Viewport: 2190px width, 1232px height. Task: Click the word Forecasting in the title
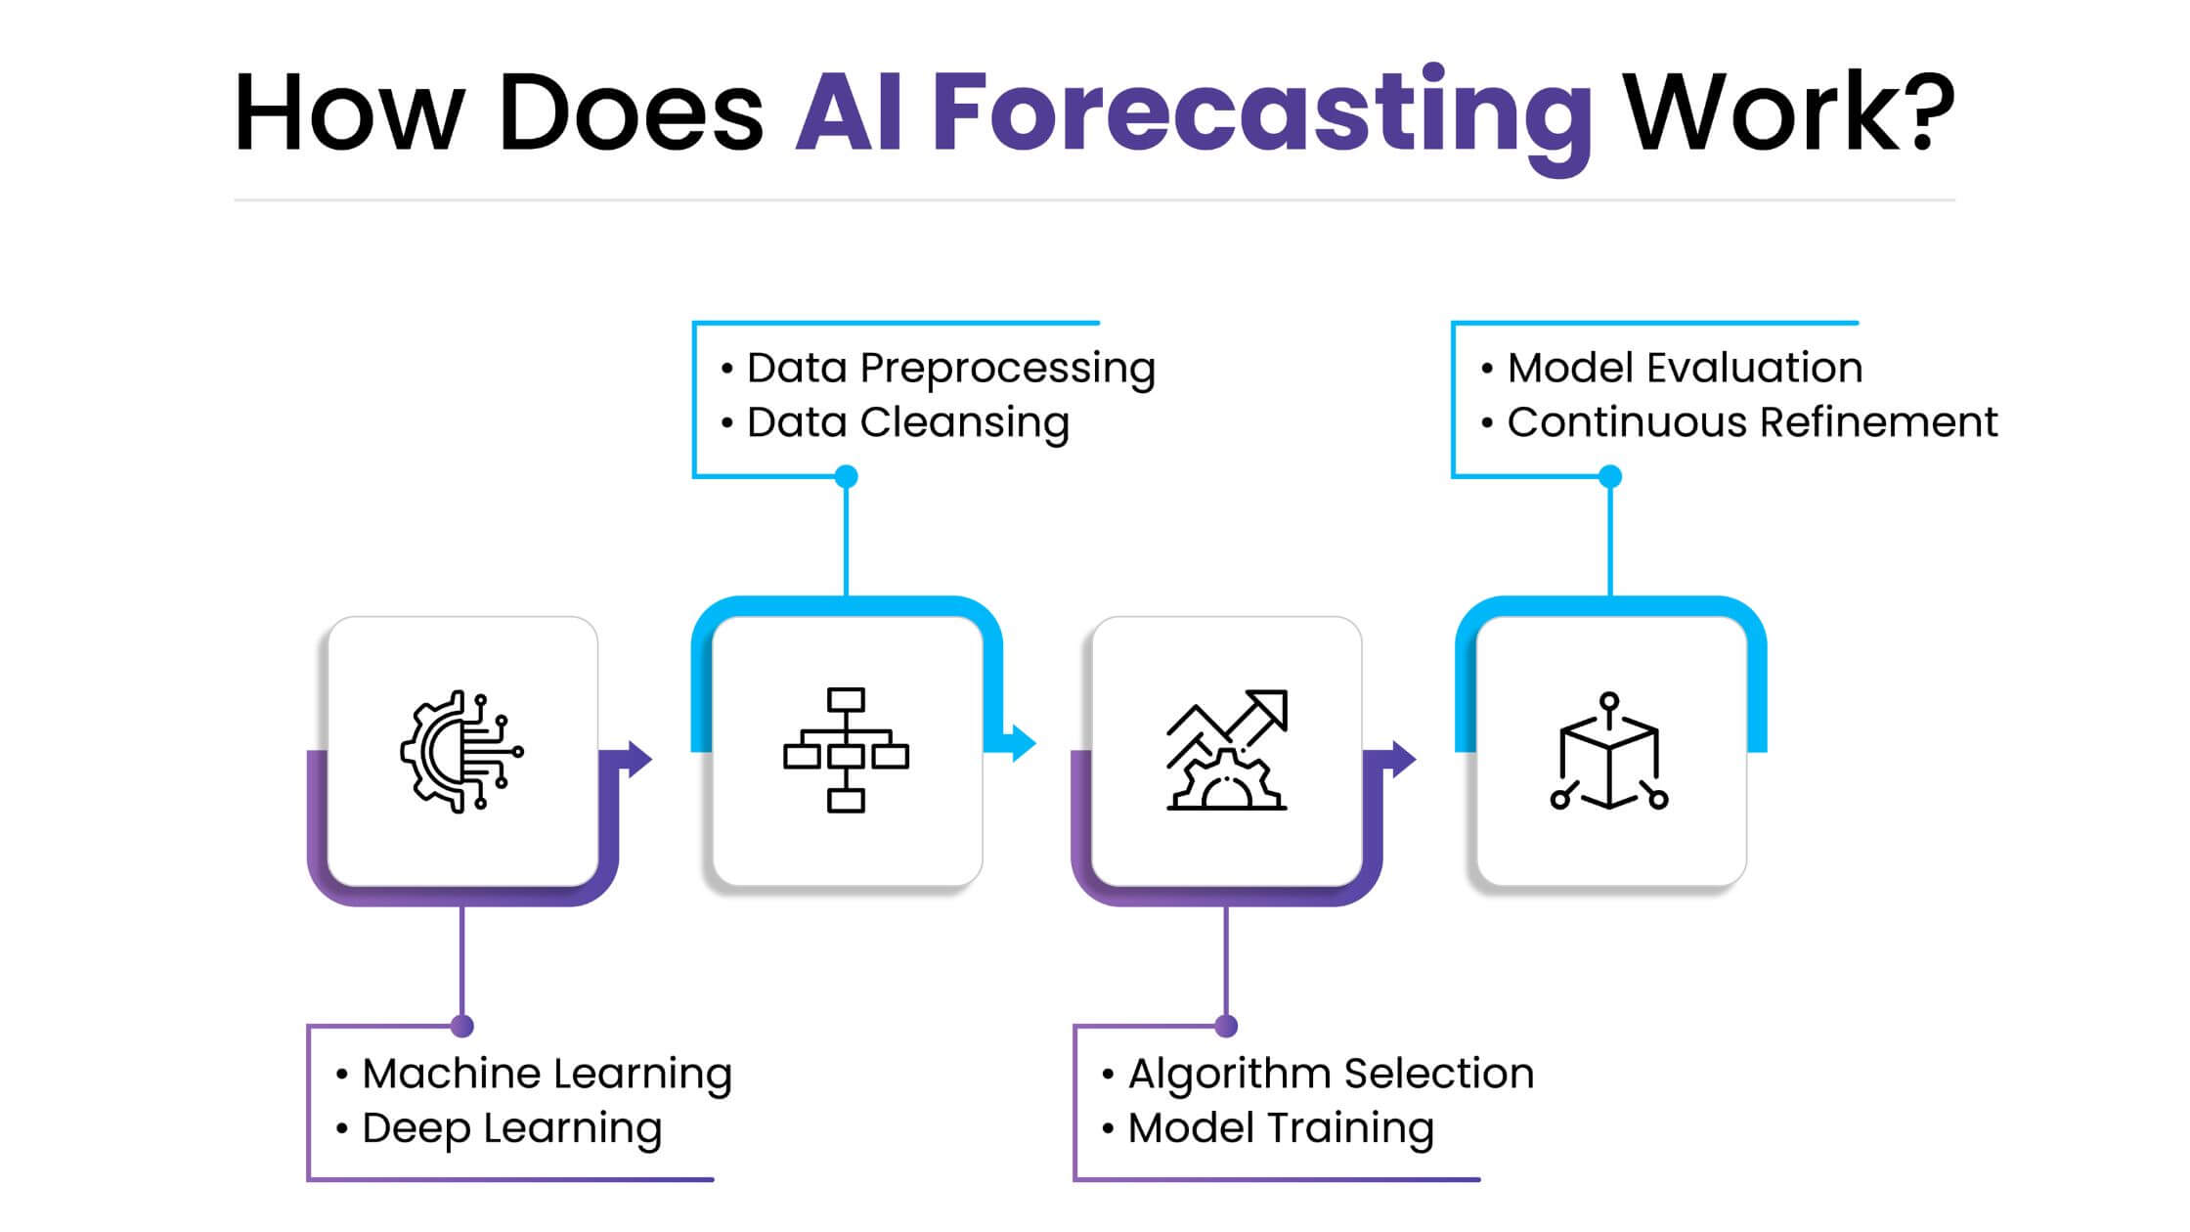[x=1261, y=112]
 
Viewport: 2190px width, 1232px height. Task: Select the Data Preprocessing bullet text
[x=950, y=369]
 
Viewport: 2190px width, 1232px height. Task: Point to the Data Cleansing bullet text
[x=907, y=423]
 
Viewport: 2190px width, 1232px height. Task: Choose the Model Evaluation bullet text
[x=1684, y=369]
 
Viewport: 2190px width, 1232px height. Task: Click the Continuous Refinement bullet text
[x=1752, y=423]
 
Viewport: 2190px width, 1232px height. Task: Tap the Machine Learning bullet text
[x=547, y=1074]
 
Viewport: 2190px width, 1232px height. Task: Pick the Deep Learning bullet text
[x=511, y=1128]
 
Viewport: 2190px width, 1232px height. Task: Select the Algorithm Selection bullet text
[x=1331, y=1074]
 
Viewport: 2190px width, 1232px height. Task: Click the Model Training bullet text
[x=1281, y=1128]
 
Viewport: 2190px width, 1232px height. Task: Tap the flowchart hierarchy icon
[x=846, y=751]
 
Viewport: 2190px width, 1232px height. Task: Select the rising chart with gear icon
[x=1227, y=751]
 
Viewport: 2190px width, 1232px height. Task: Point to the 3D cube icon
[x=1609, y=751]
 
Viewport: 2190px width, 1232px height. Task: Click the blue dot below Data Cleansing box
[x=846, y=476]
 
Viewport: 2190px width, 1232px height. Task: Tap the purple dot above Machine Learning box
[x=462, y=1026]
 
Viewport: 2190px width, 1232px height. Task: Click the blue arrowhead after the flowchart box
[x=1023, y=743]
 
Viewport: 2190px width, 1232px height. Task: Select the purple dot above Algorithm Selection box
[x=1226, y=1026]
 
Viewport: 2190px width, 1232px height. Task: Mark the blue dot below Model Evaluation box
[x=1610, y=476]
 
